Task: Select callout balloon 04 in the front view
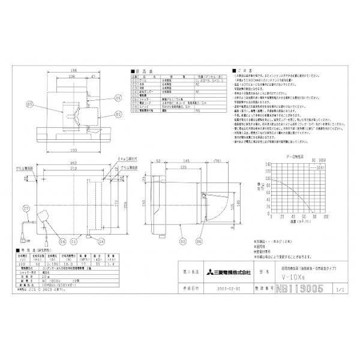tap(102, 241)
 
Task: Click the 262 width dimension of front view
tap(73, 163)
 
